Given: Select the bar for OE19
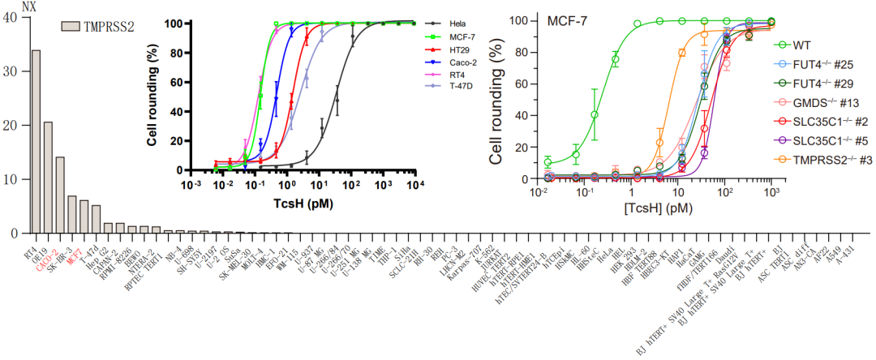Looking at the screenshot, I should click(48, 178).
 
